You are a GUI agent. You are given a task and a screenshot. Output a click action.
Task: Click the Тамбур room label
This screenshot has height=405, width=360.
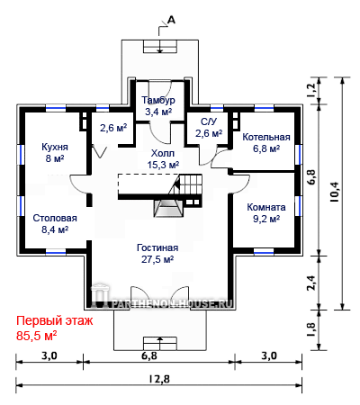pyautogui.click(x=158, y=100)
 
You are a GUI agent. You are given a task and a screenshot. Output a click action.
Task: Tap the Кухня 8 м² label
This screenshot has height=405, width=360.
pyautogui.click(x=55, y=152)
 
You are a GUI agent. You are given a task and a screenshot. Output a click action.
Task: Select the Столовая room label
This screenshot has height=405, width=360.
pyautogui.click(x=55, y=218)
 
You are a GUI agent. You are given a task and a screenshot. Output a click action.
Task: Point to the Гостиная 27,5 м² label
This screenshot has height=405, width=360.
pyautogui.click(x=157, y=254)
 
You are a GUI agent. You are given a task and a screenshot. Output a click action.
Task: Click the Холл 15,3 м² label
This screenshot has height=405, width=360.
pyautogui.click(x=163, y=159)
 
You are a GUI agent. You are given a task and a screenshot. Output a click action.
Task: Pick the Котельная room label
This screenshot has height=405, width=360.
pyautogui.click(x=266, y=137)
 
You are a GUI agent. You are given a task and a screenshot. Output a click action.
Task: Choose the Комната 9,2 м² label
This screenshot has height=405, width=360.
pyautogui.click(x=266, y=212)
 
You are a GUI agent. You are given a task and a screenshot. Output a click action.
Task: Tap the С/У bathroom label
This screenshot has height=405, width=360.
pyautogui.click(x=209, y=121)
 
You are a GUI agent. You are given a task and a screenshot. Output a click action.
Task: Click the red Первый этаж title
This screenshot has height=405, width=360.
pyautogui.click(x=54, y=320)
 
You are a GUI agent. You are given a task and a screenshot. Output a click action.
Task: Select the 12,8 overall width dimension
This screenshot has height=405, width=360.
pyautogui.click(x=159, y=379)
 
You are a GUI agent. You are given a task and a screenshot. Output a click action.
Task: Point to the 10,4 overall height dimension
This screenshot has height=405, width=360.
pyautogui.click(x=334, y=193)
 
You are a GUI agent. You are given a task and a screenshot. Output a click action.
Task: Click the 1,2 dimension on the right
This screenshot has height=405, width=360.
pyautogui.click(x=311, y=90)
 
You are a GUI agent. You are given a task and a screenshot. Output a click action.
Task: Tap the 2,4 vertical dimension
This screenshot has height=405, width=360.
pyautogui.click(x=311, y=283)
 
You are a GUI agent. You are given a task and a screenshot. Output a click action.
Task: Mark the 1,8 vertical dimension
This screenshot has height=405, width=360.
pyautogui.click(x=311, y=329)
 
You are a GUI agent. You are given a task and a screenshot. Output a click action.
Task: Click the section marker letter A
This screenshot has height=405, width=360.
pyautogui.click(x=171, y=20)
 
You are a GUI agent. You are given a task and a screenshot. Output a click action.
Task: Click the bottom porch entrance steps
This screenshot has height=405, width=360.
pyautogui.click(x=160, y=344)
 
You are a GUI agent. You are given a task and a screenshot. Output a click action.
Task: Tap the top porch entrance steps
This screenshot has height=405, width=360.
pyautogui.click(x=160, y=47)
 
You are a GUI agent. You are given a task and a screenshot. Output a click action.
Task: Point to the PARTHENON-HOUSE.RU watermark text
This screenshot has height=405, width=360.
pyautogui.click(x=172, y=303)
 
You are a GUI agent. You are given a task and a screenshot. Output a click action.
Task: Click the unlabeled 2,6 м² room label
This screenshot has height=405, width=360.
pyautogui.click(x=113, y=128)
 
